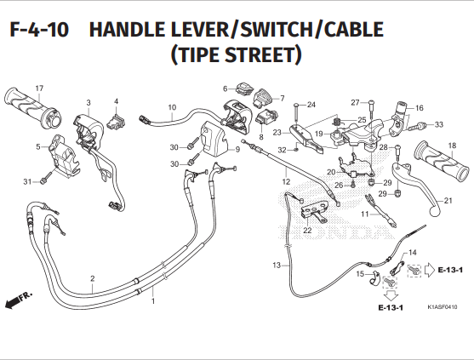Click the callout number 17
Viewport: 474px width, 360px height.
point(39,89)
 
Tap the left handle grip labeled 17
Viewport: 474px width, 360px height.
point(33,107)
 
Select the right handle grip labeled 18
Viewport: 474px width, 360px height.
point(442,161)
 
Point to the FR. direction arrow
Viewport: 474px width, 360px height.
point(18,300)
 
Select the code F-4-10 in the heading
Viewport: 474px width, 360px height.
point(39,30)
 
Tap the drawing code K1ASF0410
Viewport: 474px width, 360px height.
point(443,307)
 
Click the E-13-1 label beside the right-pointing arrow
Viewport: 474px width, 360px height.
point(450,270)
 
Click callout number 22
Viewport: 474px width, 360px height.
point(307,231)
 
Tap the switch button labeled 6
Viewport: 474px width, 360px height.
point(244,88)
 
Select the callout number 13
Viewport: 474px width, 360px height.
point(277,265)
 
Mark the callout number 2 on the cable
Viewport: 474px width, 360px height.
point(93,278)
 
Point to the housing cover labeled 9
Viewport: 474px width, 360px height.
point(215,138)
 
